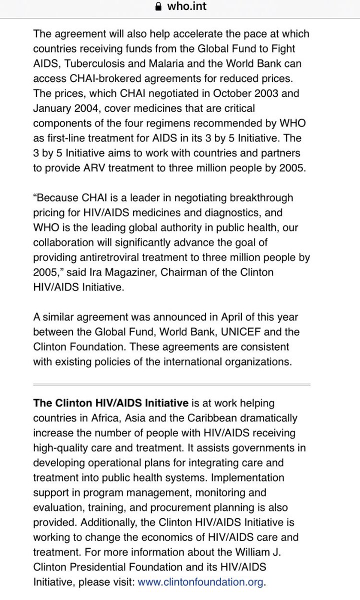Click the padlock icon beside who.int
(x=158, y=7)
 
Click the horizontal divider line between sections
(x=171, y=384)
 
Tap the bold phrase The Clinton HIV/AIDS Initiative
(x=110, y=403)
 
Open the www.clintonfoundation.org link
(x=200, y=582)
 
